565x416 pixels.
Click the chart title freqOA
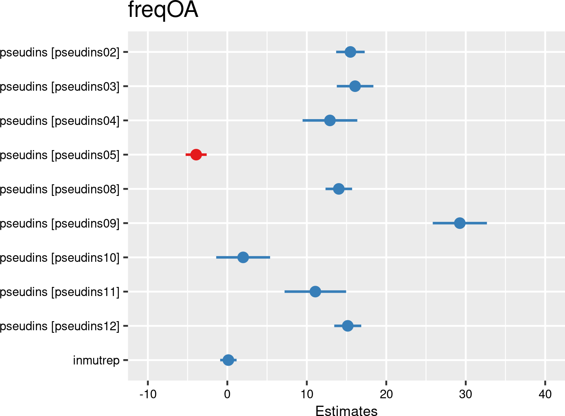click(x=163, y=10)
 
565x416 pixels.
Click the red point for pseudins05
click(x=196, y=155)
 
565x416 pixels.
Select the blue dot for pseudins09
click(x=460, y=223)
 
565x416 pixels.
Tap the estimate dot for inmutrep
click(x=228, y=360)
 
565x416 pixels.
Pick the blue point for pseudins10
click(x=243, y=257)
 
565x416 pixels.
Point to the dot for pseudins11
click(x=315, y=291)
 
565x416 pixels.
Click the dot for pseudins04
click(x=330, y=120)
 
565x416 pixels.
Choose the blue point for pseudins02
click(x=350, y=52)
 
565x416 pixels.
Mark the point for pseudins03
click(x=355, y=86)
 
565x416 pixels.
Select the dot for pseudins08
click(x=339, y=189)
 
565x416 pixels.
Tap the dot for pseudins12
click(x=348, y=326)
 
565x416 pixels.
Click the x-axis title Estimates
click(x=346, y=411)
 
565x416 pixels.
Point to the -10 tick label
click(x=148, y=395)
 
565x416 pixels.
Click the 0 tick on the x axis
click(x=227, y=395)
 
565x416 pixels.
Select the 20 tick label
click(x=386, y=395)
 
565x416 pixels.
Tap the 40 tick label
click(x=545, y=395)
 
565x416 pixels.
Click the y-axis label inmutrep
click(x=96, y=360)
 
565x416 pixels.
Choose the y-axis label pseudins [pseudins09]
click(x=59, y=223)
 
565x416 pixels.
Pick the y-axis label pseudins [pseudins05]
click(x=59, y=155)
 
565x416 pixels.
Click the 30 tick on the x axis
click(x=466, y=395)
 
